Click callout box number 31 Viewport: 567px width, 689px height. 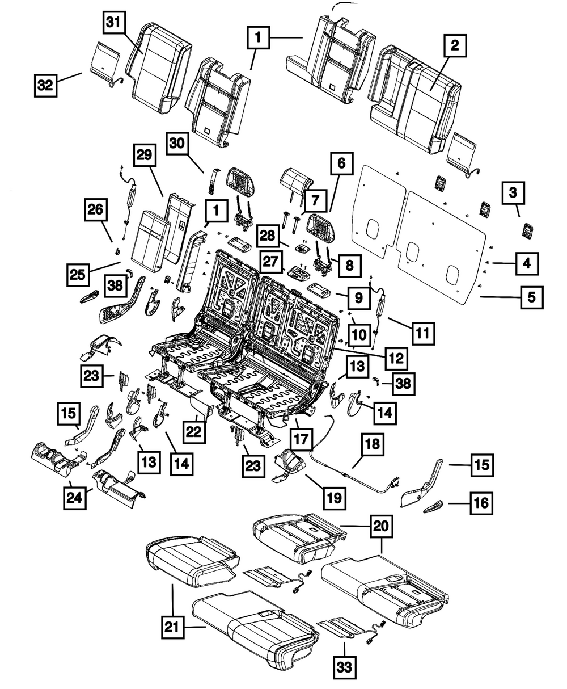[x=114, y=23]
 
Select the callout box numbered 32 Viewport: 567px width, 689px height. [x=45, y=86]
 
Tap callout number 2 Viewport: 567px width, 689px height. [x=455, y=45]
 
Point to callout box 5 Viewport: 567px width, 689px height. [x=532, y=297]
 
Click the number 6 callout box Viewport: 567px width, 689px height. [x=341, y=163]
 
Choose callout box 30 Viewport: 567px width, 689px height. [x=177, y=144]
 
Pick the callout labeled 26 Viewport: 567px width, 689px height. [x=96, y=209]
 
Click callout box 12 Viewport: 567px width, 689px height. [x=396, y=358]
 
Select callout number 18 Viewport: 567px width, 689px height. [x=373, y=444]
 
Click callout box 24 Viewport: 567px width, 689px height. [x=75, y=498]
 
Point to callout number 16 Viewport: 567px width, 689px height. [x=481, y=503]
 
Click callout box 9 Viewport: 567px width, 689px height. [x=358, y=297]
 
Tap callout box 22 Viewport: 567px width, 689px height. [x=194, y=431]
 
